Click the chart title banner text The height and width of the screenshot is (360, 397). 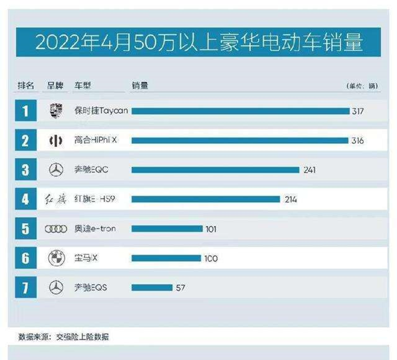pyautogui.click(x=199, y=43)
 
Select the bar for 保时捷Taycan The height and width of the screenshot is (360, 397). pyautogui.click(x=240, y=111)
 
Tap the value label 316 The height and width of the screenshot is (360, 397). pyautogui.click(x=357, y=141)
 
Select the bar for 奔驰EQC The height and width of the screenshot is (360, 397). pyautogui.click(x=215, y=170)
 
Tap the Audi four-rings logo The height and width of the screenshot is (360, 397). pyautogui.click(x=56, y=229)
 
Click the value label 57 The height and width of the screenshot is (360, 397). pyautogui.click(x=180, y=288)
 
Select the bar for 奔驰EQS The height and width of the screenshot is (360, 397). pyautogui.click(x=151, y=288)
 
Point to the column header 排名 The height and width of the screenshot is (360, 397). pyautogui.click(x=26, y=86)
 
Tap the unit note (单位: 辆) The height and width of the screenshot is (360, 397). pyautogui.click(x=361, y=86)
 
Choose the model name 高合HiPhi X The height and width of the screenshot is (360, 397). pyautogui.click(x=95, y=140)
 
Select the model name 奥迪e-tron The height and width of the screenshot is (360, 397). pyautogui.click(x=95, y=228)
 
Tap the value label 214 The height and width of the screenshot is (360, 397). pyautogui.click(x=291, y=199)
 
